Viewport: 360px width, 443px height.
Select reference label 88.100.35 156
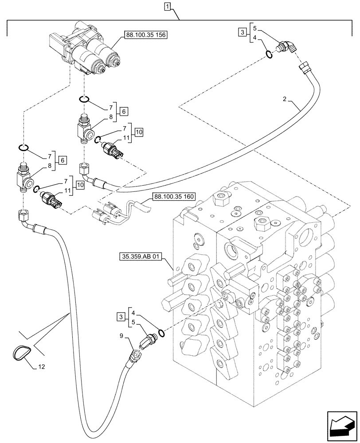[145, 35]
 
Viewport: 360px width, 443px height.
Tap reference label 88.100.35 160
[174, 196]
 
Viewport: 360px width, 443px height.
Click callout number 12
[41, 367]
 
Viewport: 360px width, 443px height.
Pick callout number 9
[121, 336]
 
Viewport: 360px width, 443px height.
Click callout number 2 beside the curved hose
[285, 99]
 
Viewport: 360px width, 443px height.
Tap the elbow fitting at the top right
[287, 46]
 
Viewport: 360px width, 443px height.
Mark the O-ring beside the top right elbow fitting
[269, 54]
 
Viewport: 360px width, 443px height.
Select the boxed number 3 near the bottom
[121, 317]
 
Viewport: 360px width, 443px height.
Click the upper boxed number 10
[139, 132]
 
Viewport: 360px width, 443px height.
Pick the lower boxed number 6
[63, 160]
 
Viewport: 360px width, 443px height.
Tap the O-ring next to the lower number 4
[161, 333]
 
